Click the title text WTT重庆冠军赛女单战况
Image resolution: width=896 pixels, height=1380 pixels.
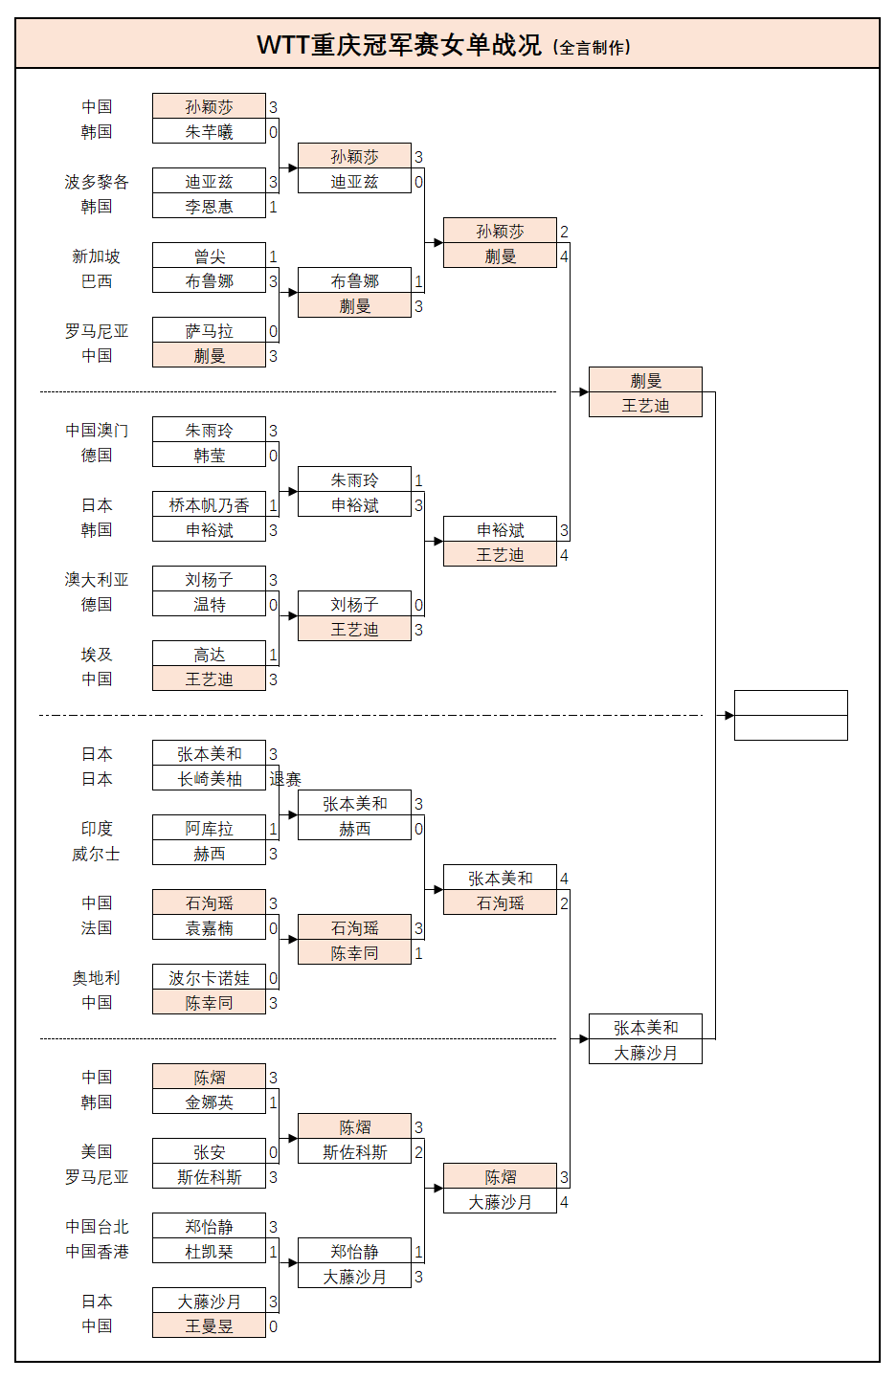point(398,45)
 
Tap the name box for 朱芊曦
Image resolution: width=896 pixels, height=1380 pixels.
point(209,132)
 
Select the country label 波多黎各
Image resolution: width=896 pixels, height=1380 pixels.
point(96,182)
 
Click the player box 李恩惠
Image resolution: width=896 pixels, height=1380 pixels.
point(209,207)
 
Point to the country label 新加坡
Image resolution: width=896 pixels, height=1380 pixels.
point(96,256)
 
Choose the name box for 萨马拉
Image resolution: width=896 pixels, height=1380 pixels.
point(209,331)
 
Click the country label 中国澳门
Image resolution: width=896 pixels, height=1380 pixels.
point(96,431)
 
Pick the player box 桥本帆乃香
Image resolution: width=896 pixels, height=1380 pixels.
point(209,505)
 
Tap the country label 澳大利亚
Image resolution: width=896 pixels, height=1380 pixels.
point(96,580)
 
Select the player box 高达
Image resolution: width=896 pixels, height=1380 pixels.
point(209,655)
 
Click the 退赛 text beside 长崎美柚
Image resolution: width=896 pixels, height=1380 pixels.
point(285,779)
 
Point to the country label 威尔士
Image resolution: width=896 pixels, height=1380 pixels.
point(96,854)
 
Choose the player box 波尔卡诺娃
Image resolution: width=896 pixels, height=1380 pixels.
point(209,978)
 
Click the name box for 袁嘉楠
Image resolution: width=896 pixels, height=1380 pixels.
point(209,928)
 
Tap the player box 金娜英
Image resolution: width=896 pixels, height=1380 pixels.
point(209,1102)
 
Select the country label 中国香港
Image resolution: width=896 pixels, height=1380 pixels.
point(96,1252)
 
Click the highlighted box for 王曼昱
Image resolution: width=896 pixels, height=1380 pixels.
point(209,1326)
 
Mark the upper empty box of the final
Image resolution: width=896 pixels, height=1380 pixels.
point(791,703)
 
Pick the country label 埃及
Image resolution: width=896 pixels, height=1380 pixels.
point(96,655)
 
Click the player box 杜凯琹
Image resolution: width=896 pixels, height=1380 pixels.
point(209,1252)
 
